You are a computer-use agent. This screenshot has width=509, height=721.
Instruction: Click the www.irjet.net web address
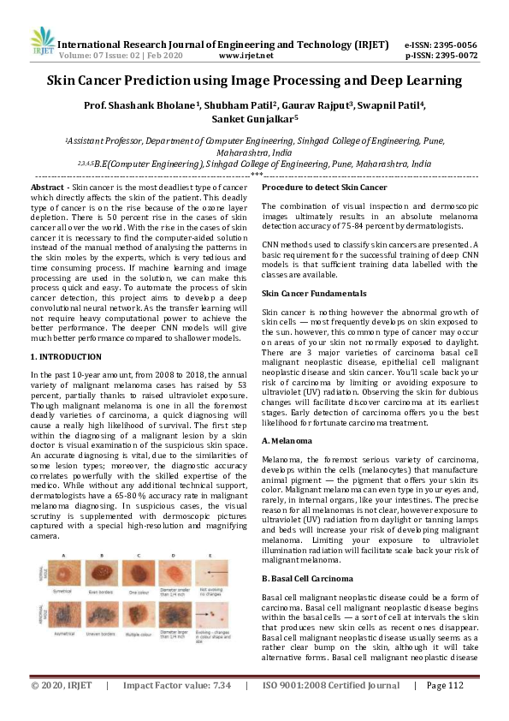click(x=246, y=55)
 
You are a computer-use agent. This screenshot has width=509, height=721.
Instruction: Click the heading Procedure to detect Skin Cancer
click(x=324, y=187)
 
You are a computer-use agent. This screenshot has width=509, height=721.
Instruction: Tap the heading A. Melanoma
click(x=289, y=440)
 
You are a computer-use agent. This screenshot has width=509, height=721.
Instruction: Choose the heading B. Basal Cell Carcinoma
click(x=307, y=578)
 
